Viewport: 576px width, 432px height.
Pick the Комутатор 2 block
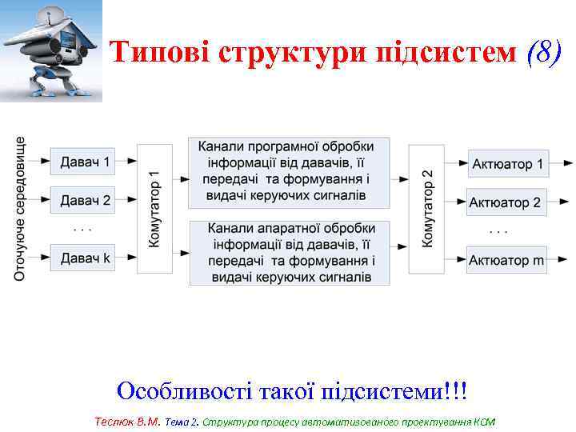point(426,209)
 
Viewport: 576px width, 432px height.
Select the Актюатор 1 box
point(506,165)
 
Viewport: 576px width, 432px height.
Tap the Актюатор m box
point(506,260)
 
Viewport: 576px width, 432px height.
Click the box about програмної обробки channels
point(289,172)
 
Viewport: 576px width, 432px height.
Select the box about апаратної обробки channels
point(289,253)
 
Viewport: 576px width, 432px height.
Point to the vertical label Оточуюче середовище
point(21,209)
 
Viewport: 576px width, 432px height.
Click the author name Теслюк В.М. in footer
point(127,421)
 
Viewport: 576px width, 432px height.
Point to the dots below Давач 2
point(82,229)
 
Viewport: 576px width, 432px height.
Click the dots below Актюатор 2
point(498,231)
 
